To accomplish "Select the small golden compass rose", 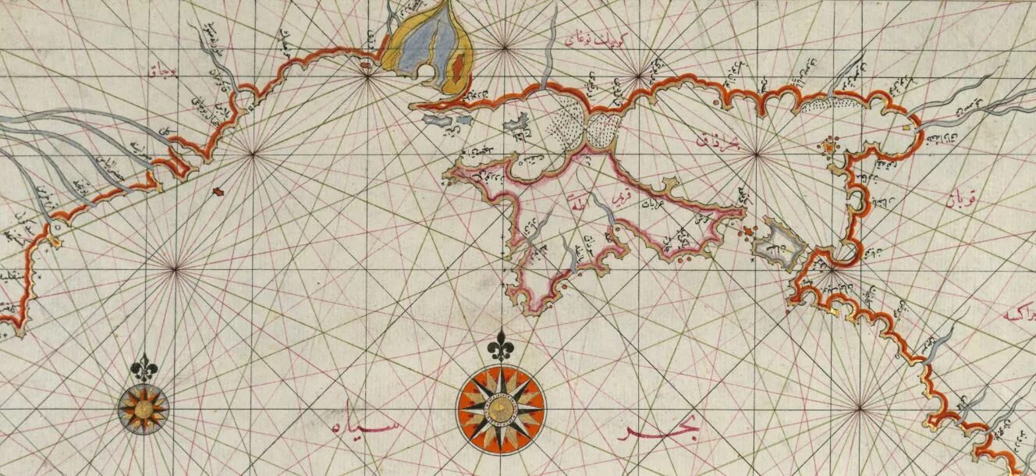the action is (x=143, y=408).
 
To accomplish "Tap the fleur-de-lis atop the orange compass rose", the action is (x=500, y=345).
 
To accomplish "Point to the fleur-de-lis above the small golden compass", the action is (x=144, y=368).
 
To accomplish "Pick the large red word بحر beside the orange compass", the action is (x=660, y=429).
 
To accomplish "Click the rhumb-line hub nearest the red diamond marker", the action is (x=253, y=155).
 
